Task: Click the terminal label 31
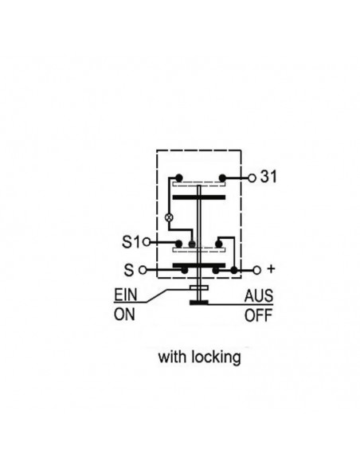coord(268,177)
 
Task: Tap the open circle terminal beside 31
coord(252,178)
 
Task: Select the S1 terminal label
coord(131,242)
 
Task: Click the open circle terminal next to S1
coord(147,242)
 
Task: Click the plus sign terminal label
coord(271,269)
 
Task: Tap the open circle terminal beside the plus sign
coord(256,270)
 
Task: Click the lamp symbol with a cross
coord(169,218)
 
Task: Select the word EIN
coord(126,295)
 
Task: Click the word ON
coord(124,315)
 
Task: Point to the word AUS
coord(259,295)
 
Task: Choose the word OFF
coord(258,315)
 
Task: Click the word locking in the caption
coord(216,358)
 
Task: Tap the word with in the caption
coord(173,357)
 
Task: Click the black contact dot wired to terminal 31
coord(222,178)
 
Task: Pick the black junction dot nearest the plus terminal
coord(234,270)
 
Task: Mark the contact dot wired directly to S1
coord(178,244)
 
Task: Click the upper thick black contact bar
coord(199,197)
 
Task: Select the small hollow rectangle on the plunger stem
coord(199,287)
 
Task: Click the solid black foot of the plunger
coord(199,303)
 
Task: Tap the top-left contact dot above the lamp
coord(179,178)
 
